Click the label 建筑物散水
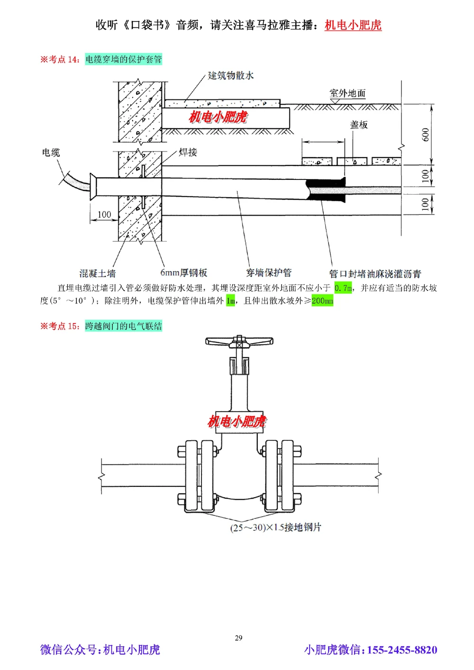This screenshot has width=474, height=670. [x=231, y=75]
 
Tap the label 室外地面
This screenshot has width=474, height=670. [x=347, y=93]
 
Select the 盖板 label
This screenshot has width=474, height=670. [x=359, y=125]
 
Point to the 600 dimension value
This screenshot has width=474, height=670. [x=426, y=134]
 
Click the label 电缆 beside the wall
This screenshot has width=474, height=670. [x=51, y=152]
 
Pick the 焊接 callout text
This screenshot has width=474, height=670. [x=188, y=152]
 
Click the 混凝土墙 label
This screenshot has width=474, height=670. [x=97, y=273]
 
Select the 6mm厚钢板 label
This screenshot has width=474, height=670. [x=183, y=273]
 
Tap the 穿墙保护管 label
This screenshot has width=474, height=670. [x=268, y=273]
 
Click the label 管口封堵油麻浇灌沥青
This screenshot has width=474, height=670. [x=375, y=274]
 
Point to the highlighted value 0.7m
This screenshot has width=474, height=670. [x=343, y=288]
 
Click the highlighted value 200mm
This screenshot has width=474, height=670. [x=322, y=301]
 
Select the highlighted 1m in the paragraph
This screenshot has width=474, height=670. [x=230, y=301]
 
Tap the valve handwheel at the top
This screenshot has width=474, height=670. [x=239, y=341]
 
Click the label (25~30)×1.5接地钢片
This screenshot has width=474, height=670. [x=275, y=527]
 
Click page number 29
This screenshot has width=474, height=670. [x=238, y=638]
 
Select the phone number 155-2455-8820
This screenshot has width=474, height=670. [x=402, y=650]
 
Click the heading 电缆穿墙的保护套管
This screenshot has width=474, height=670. [x=124, y=59]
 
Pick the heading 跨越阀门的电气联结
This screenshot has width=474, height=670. [x=124, y=326]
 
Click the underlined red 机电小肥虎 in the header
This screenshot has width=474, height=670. [x=353, y=25]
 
